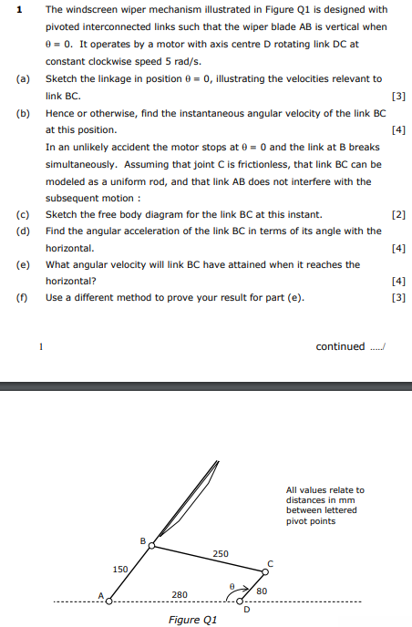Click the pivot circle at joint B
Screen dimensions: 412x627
[x=152, y=545]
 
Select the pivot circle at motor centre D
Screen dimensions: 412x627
[x=241, y=601]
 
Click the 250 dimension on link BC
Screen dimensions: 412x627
[x=221, y=553]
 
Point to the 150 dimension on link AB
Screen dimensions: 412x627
[x=120, y=570]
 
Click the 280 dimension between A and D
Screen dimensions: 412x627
[x=180, y=595]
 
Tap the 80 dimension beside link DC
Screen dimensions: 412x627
[x=262, y=591]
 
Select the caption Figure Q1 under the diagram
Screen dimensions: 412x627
[x=193, y=620]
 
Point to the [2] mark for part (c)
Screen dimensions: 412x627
[x=397, y=215]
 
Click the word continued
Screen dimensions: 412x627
[x=339, y=346]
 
